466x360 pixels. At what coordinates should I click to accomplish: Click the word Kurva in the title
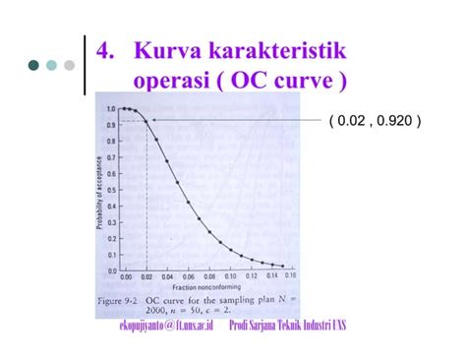tap(166, 49)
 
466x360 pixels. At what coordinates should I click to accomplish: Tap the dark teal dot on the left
tap(33, 66)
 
